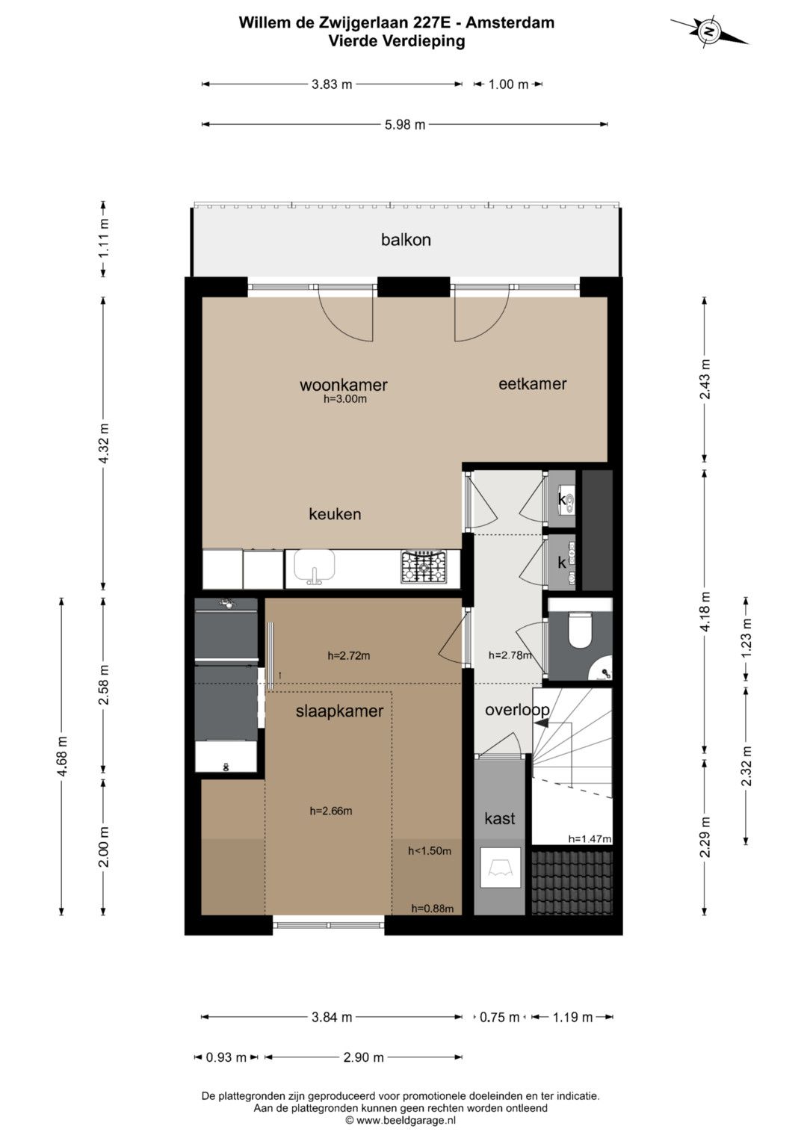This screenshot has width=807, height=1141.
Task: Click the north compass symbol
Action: pos(708,31)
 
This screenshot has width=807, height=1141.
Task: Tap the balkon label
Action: pos(406,239)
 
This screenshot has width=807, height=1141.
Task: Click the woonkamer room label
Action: pos(344,385)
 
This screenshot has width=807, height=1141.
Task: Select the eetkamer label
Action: pos(532,383)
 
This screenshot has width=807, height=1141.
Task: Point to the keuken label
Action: pos(335,514)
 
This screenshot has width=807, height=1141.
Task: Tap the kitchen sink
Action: pos(315,567)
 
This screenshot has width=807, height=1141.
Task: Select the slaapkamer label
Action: pos(339,711)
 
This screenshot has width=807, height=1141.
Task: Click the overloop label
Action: pos(517,710)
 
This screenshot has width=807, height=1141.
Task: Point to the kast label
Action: pos(499,818)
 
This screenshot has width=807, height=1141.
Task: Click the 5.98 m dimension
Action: pos(404,124)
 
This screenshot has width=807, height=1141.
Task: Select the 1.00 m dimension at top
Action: pos(508,84)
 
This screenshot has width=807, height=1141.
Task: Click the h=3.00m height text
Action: pos(345,399)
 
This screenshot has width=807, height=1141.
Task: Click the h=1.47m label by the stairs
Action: pos(590,839)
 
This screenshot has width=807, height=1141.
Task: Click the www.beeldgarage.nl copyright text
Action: pos(401,1120)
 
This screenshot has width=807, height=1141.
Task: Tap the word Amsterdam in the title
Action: pos(510,22)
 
